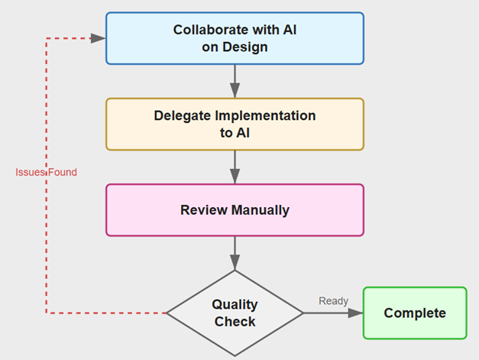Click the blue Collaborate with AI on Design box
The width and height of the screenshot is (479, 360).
235,38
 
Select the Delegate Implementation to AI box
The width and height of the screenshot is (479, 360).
235,124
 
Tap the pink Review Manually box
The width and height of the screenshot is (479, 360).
235,209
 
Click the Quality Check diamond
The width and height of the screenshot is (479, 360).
235,313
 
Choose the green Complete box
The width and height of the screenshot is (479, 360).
414,313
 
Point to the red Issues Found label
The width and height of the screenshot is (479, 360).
46,172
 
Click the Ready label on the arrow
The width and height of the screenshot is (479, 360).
333,300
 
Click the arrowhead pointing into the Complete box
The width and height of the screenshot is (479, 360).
355,313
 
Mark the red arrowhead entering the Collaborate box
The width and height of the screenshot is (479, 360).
98,38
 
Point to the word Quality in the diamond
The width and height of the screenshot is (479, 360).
235,304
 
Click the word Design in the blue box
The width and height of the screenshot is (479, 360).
251,47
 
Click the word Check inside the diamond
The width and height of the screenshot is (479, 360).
235,321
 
